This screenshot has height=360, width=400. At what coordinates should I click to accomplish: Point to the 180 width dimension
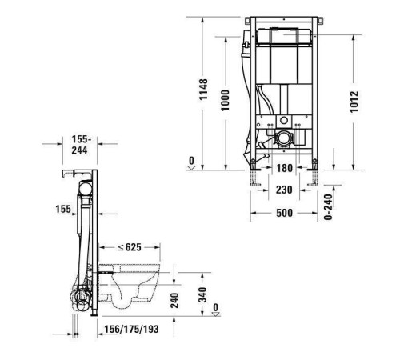coord(285,169)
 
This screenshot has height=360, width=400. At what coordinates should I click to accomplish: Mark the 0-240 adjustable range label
coord(329,206)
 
